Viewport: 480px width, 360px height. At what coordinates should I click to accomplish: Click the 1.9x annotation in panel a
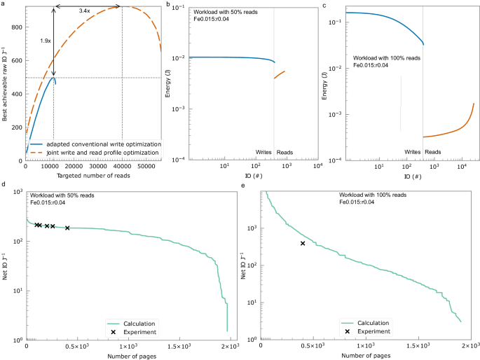click(x=46, y=41)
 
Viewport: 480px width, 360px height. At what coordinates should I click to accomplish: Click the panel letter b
click(x=170, y=4)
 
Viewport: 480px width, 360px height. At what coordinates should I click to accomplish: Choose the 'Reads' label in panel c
click(x=433, y=152)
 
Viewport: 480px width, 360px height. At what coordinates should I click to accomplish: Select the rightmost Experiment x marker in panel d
click(x=67, y=228)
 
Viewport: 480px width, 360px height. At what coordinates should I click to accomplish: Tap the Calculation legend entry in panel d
click(x=133, y=322)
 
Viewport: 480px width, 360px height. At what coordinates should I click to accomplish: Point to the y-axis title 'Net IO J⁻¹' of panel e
click(x=243, y=265)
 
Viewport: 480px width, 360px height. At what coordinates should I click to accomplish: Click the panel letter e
click(x=242, y=188)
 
